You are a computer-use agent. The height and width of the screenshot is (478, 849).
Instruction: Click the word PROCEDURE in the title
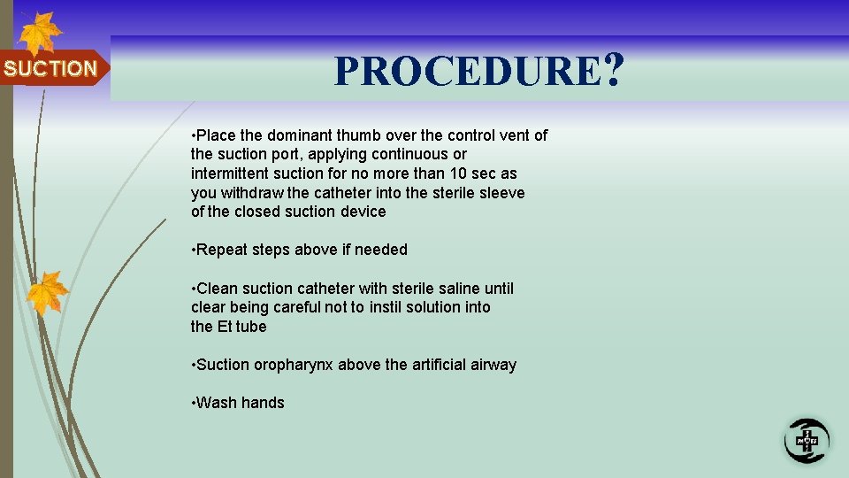467,71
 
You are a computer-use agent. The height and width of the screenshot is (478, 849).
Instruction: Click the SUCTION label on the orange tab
50,68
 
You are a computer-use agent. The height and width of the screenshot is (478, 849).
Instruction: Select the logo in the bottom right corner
806,439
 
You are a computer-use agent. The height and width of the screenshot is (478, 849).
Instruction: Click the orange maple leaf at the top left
39,34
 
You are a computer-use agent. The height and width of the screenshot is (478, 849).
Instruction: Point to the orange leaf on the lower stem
47,293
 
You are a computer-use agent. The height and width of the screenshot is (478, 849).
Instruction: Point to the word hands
262,403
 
